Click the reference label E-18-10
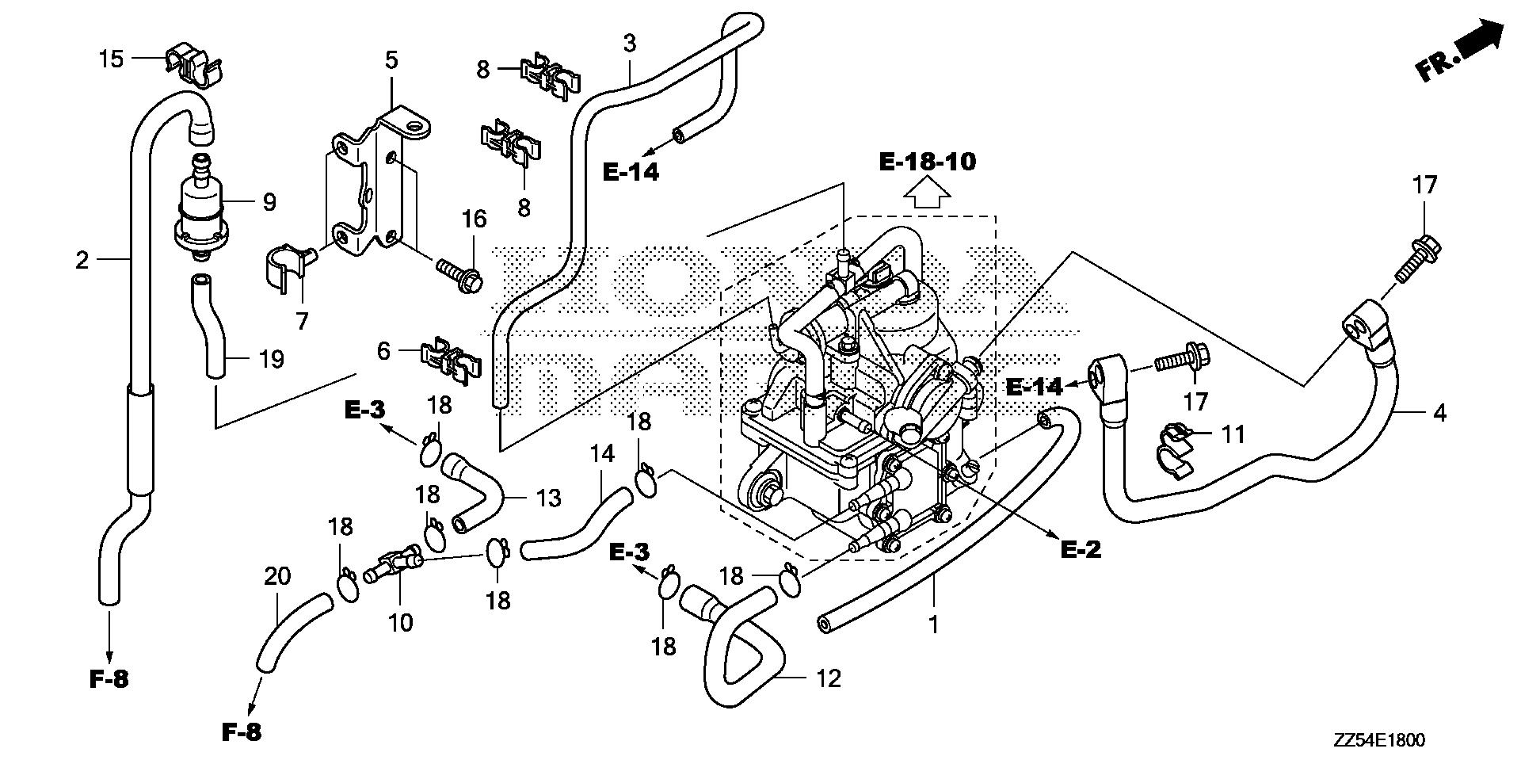928,162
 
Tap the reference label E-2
1081,549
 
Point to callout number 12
828,679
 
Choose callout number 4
1439,413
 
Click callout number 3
629,44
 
